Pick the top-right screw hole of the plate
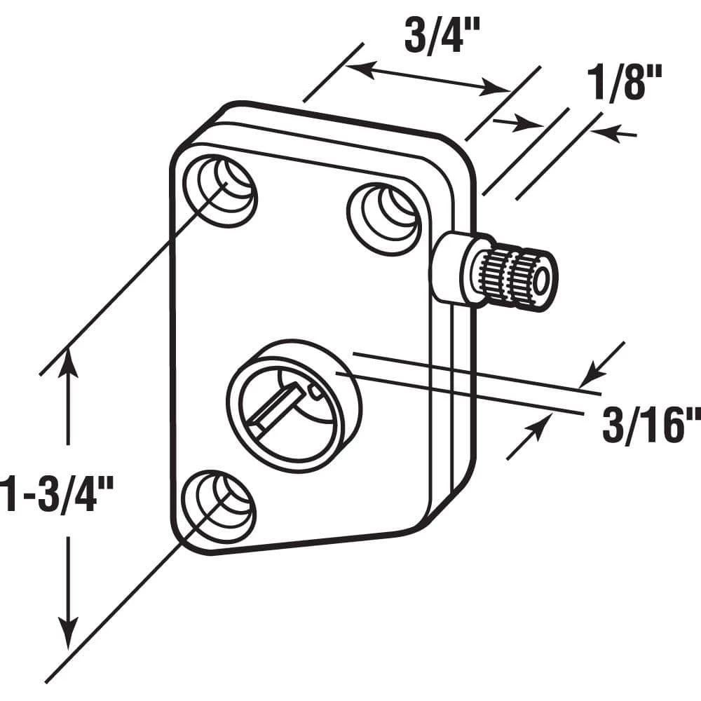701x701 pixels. pos(385,210)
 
